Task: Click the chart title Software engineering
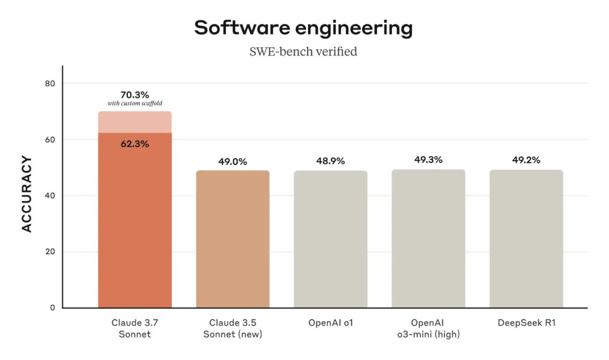pyautogui.click(x=303, y=28)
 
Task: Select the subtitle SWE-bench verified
pyautogui.click(x=303, y=52)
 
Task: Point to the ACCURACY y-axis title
pyautogui.click(x=27, y=194)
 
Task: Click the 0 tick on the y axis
pyautogui.click(x=52, y=308)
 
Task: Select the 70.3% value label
pyautogui.click(x=135, y=95)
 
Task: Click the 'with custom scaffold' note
pyautogui.click(x=135, y=104)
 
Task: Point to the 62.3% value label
pyautogui.click(x=135, y=144)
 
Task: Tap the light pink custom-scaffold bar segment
pyautogui.click(x=135, y=122)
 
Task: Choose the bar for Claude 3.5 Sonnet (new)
pyautogui.click(x=233, y=239)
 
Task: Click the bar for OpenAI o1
pyautogui.click(x=330, y=239)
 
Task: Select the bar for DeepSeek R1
pyautogui.click(x=526, y=239)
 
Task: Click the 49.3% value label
pyautogui.click(x=428, y=160)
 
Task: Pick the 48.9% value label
pyautogui.click(x=330, y=161)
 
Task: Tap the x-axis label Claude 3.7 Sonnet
pyautogui.click(x=135, y=328)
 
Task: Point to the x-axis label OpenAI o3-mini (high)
pyautogui.click(x=428, y=328)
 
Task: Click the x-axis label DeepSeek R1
pyautogui.click(x=526, y=323)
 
